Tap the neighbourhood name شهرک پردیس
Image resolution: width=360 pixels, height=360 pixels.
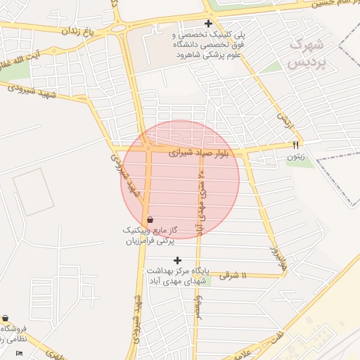tap(307, 53)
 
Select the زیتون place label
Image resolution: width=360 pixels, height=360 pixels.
tap(295, 157)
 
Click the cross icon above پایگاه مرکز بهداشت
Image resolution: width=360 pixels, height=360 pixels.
tap(177, 260)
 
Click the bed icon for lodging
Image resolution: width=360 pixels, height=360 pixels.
tap(19, 353)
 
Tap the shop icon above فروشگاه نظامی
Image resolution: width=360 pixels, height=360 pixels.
tap(6, 318)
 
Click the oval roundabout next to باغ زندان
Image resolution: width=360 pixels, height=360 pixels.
tap(116, 28)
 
